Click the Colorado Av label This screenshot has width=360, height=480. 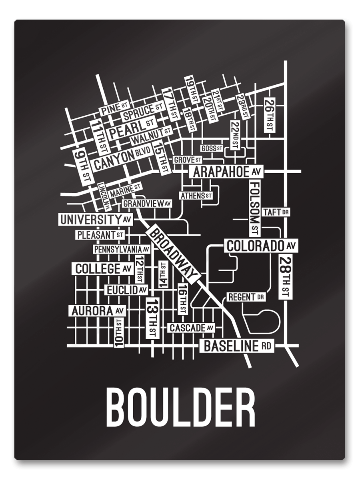coord(262,246)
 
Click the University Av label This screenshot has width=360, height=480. coord(96,219)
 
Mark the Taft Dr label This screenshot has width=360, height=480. coord(276,212)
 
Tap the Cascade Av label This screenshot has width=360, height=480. coord(191,328)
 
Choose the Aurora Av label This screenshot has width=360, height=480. coord(97,310)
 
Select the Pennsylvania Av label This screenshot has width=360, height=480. coord(122,249)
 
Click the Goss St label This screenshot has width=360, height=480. coord(212,148)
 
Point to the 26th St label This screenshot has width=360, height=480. coord(268,115)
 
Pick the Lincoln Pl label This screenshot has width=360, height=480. coord(104,196)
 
